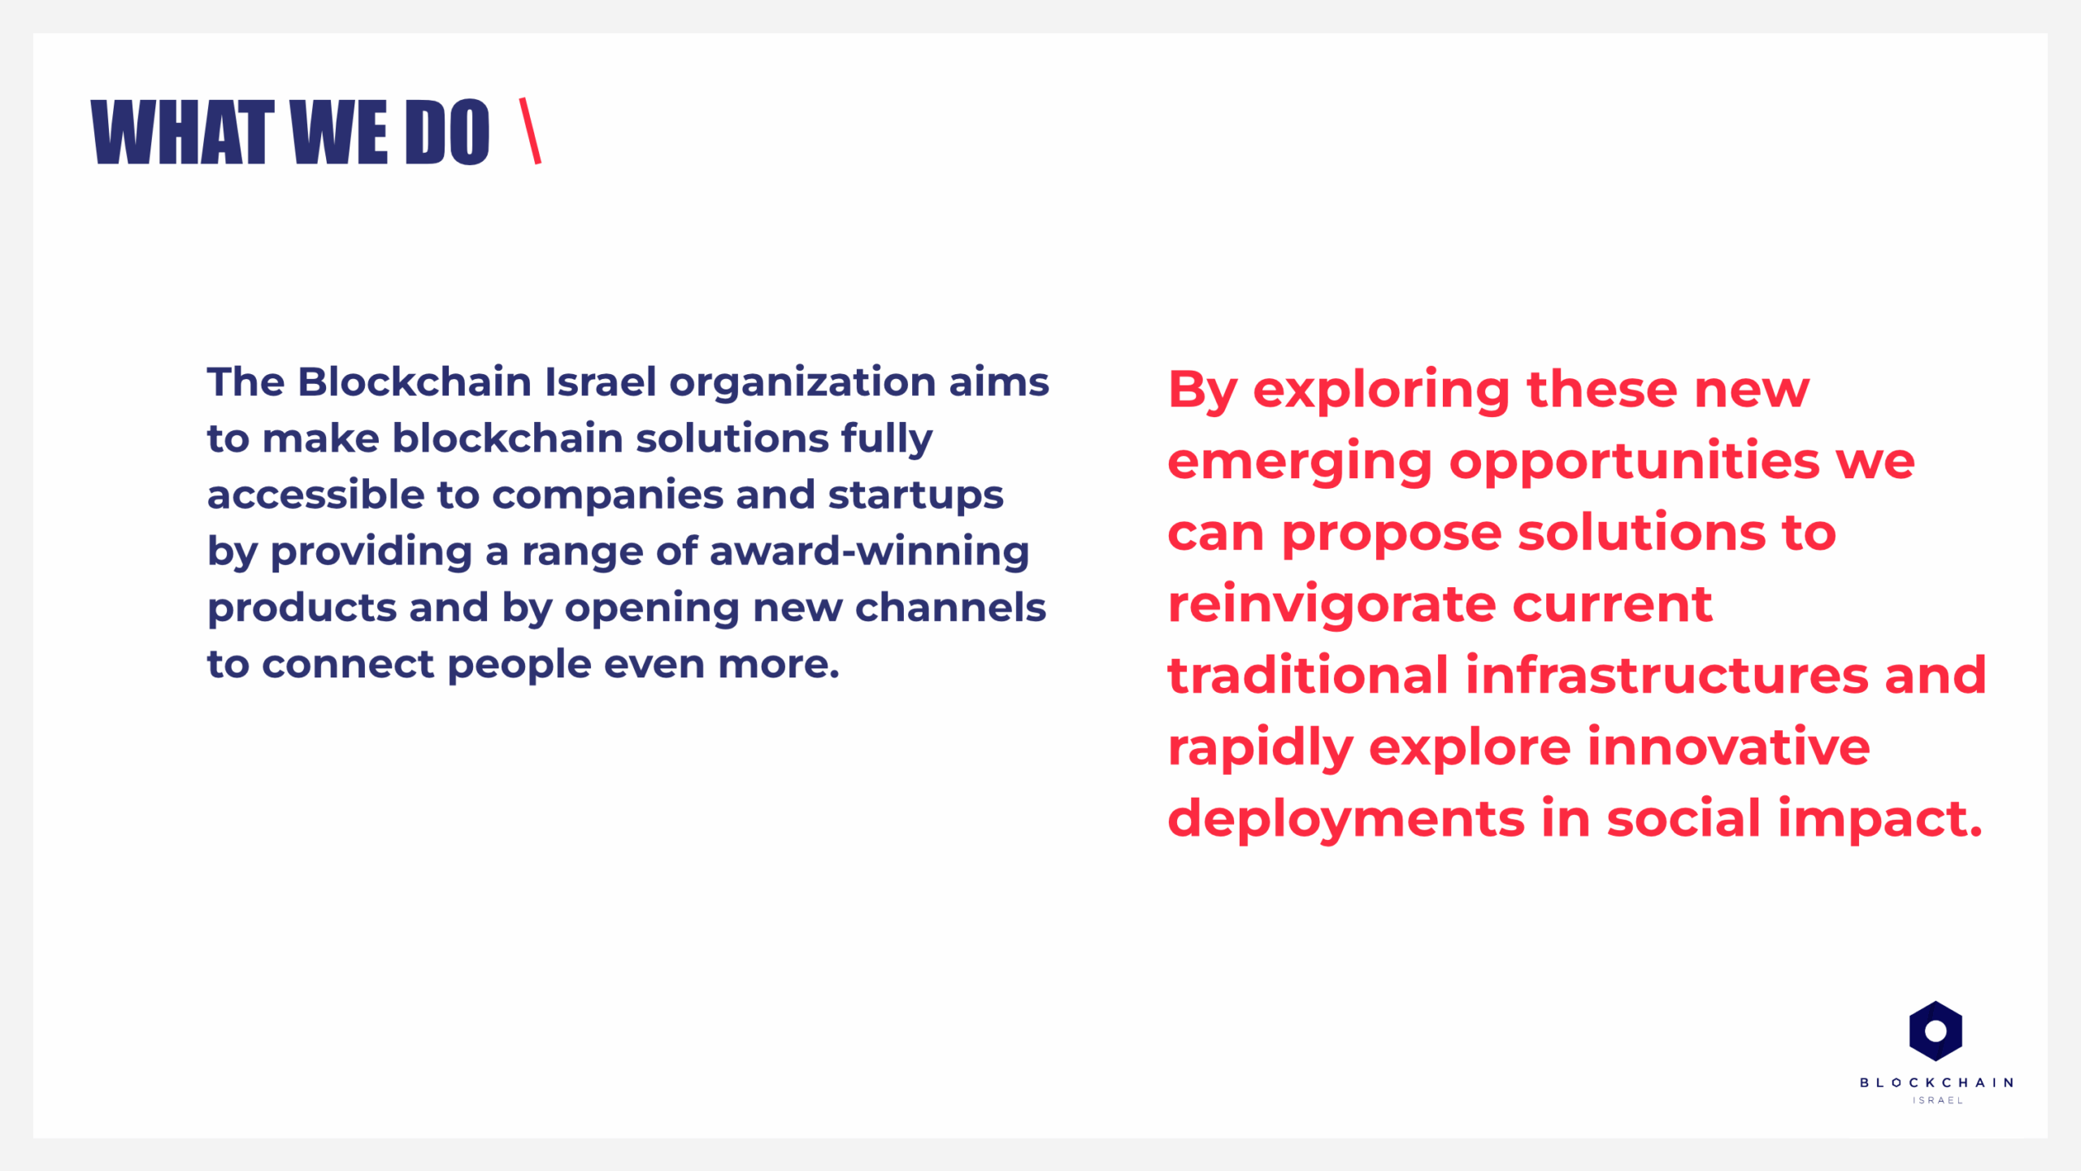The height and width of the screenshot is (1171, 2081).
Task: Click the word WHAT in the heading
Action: (x=182, y=133)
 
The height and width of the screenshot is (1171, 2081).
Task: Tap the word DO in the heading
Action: (x=447, y=133)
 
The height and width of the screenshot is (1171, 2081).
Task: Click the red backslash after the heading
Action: (x=530, y=131)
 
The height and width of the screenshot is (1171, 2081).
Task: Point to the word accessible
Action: (x=316, y=494)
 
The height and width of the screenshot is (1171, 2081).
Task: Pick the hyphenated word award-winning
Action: (x=869, y=553)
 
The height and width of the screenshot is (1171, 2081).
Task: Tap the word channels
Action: (x=950, y=607)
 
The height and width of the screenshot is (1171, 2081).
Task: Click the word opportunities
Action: (x=1635, y=461)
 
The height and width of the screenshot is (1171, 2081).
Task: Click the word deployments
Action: (x=1346, y=820)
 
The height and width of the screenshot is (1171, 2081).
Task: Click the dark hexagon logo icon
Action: (x=1935, y=1031)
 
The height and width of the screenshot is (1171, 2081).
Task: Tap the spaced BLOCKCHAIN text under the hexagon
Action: (x=1936, y=1082)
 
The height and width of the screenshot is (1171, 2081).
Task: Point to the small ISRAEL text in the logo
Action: (x=1938, y=1100)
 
